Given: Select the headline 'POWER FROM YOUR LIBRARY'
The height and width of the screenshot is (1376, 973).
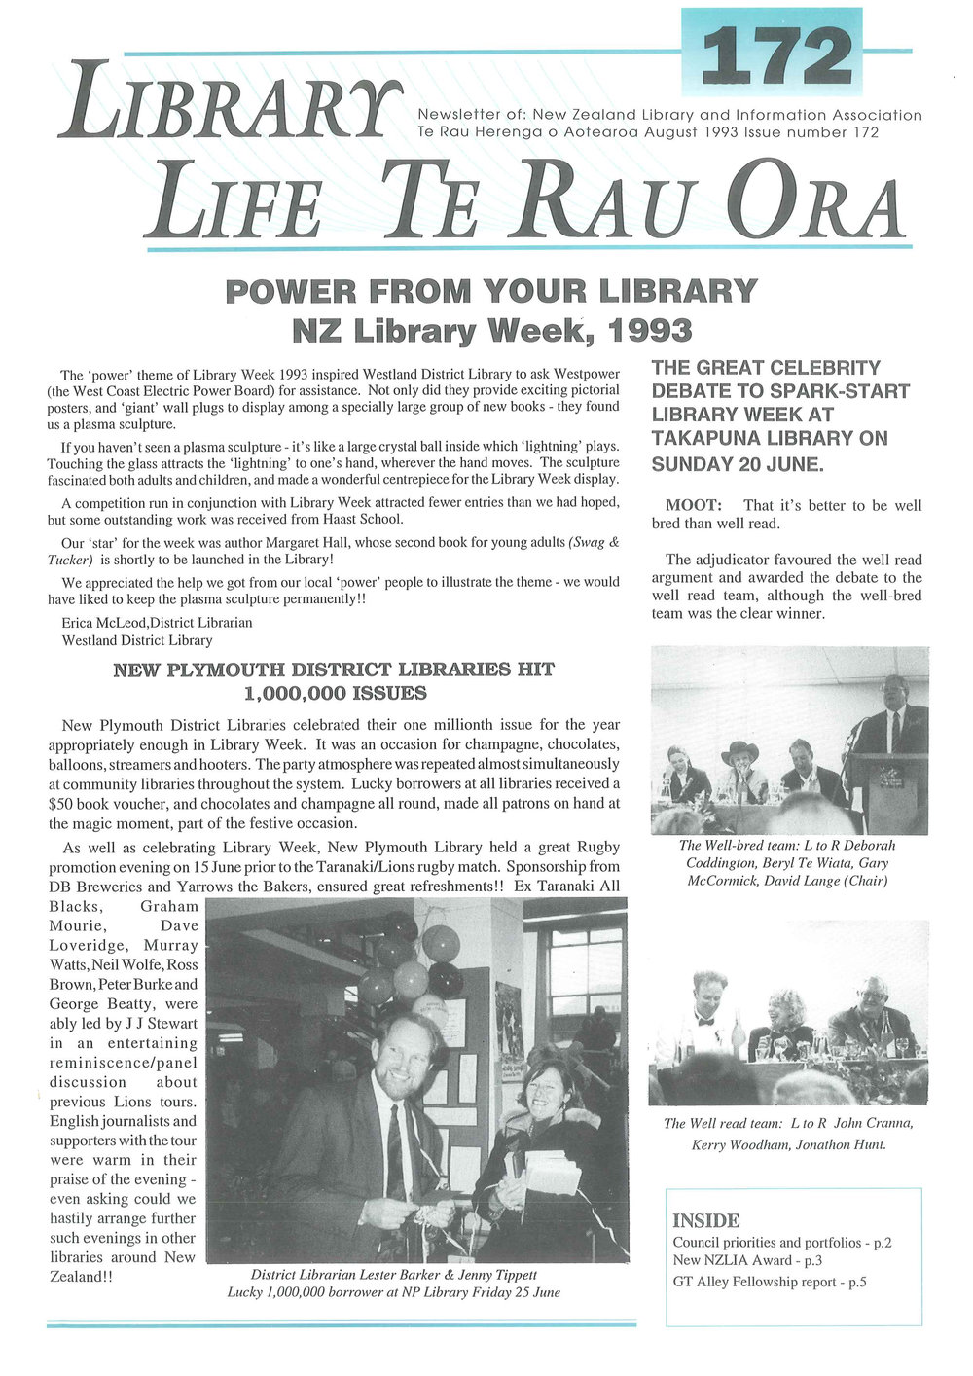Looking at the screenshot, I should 490,291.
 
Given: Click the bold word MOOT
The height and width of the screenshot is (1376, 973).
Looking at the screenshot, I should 693,506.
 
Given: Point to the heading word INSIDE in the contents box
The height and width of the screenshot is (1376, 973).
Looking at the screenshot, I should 706,1220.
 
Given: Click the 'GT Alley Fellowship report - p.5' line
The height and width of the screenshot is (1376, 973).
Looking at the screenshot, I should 769,1282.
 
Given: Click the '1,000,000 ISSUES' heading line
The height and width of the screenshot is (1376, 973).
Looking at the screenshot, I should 336,694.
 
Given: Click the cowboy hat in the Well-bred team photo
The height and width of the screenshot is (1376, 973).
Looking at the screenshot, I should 739,751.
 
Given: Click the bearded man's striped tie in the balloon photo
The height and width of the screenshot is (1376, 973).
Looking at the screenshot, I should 396,1139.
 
